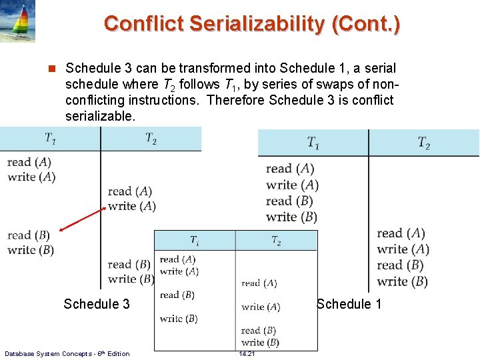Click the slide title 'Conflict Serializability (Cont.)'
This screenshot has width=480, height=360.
[252, 25]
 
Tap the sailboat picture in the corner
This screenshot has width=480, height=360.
[17, 21]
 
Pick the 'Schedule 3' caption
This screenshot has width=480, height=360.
[97, 304]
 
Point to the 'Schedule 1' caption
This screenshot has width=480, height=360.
[349, 304]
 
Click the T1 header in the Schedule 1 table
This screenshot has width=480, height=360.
[313, 143]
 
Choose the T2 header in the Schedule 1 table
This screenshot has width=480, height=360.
[423, 143]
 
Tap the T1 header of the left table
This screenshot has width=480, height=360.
[50, 138]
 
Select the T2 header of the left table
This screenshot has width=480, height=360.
[151, 138]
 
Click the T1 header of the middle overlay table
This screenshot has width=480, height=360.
[194, 241]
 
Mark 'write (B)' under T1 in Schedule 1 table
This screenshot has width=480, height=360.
[291, 217]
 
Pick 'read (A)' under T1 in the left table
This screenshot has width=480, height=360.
[29, 162]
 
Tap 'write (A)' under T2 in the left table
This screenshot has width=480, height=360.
[132, 206]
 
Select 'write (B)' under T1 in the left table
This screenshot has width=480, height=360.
[31, 250]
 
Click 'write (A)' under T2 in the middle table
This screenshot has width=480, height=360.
[261, 307]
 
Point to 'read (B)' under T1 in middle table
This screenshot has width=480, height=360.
[177, 295]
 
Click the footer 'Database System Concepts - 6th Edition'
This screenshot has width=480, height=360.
[67, 353]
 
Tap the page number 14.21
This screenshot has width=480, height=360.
[247, 354]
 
